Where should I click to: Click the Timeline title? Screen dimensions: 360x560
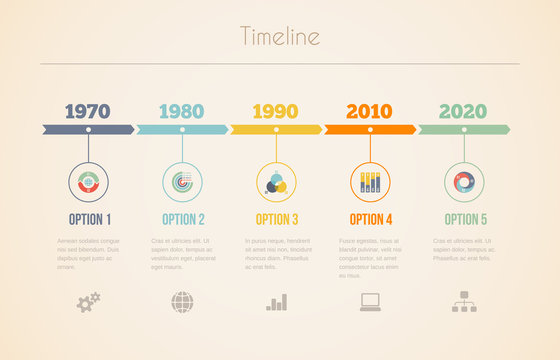coord(280,37)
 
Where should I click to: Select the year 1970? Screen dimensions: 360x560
coord(87,111)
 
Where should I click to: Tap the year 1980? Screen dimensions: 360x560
coord(181,111)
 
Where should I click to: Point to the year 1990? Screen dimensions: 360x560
coord(275,111)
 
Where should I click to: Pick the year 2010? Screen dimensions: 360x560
coord(369,111)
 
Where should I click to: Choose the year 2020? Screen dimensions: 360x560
coord(463,111)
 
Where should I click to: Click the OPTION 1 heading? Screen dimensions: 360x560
coord(90,219)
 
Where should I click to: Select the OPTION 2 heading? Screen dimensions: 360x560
coord(184,219)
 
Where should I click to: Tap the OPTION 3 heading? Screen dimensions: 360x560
coord(277,219)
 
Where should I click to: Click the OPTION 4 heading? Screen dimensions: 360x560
coord(371,219)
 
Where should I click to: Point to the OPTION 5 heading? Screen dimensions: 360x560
coord(465,219)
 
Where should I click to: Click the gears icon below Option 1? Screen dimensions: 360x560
coord(88,301)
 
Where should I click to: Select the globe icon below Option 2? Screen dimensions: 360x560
coord(182,301)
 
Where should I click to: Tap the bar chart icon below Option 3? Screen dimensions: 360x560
coord(276,301)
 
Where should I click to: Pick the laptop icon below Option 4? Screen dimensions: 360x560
coord(370,301)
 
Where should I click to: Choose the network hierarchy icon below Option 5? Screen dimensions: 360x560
coord(464,301)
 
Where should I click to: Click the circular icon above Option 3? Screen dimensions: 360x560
coord(275,181)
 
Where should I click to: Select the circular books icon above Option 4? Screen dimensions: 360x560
coord(369,181)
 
